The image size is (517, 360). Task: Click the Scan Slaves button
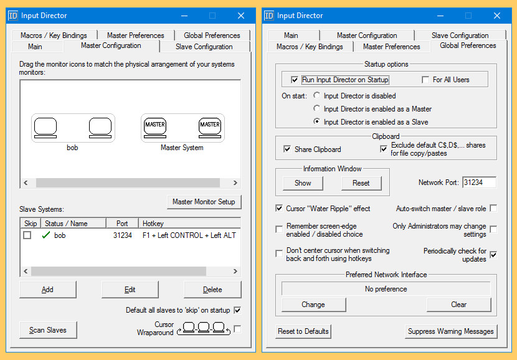click(47, 330)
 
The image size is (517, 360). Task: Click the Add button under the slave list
click(47, 290)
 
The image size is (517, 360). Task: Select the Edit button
click(130, 290)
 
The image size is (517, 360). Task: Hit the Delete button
click(212, 290)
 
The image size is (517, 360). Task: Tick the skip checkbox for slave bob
click(27, 235)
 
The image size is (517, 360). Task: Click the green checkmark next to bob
click(45, 235)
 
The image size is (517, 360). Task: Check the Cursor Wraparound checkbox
click(237, 329)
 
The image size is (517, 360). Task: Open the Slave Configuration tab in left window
click(204, 47)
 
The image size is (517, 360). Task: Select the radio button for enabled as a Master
click(317, 109)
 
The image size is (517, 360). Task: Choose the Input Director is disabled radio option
click(317, 96)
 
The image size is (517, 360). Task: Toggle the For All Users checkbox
click(425, 80)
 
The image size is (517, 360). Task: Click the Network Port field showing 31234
click(478, 182)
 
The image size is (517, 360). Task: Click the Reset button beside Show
click(361, 183)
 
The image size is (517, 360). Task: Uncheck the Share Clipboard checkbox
click(287, 149)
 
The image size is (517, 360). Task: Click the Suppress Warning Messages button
click(450, 331)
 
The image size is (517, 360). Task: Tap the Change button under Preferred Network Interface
click(313, 305)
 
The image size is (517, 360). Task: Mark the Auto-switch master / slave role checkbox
click(493, 209)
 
